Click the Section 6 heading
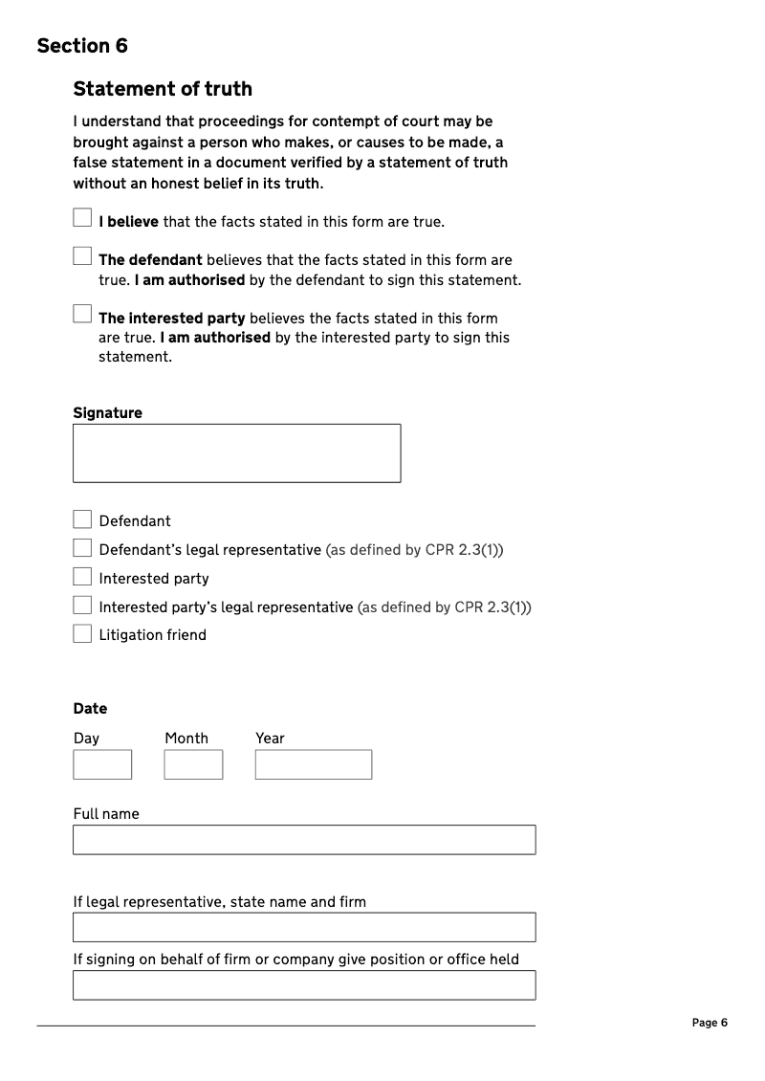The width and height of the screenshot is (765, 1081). [x=82, y=46]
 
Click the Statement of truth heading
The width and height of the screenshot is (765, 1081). [x=163, y=89]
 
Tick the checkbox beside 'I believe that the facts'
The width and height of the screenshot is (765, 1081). [x=82, y=218]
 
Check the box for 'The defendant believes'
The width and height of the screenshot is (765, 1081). [x=82, y=256]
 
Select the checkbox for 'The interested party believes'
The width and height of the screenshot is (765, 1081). [x=82, y=314]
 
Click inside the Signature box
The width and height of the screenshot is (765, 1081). [x=236, y=453]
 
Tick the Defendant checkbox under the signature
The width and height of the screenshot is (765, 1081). [x=82, y=519]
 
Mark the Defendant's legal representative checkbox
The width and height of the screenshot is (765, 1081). [x=82, y=548]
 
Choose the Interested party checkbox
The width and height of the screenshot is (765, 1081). [x=82, y=577]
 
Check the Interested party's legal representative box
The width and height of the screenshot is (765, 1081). [x=82, y=606]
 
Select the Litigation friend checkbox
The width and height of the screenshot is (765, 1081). [x=82, y=633]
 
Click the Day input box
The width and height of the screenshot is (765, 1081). [x=102, y=764]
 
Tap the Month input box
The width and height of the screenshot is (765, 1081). [x=193, y=764]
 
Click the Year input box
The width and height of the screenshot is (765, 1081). [x=314, y=764]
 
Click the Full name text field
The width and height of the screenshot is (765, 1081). [x=304, y=840]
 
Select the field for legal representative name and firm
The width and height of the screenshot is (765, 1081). [x=304, y=927]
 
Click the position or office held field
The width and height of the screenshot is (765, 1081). [x=304, y=985]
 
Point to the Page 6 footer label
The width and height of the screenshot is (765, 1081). [x=710, y=1023]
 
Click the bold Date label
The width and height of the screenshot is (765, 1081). [x=90, y=709]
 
